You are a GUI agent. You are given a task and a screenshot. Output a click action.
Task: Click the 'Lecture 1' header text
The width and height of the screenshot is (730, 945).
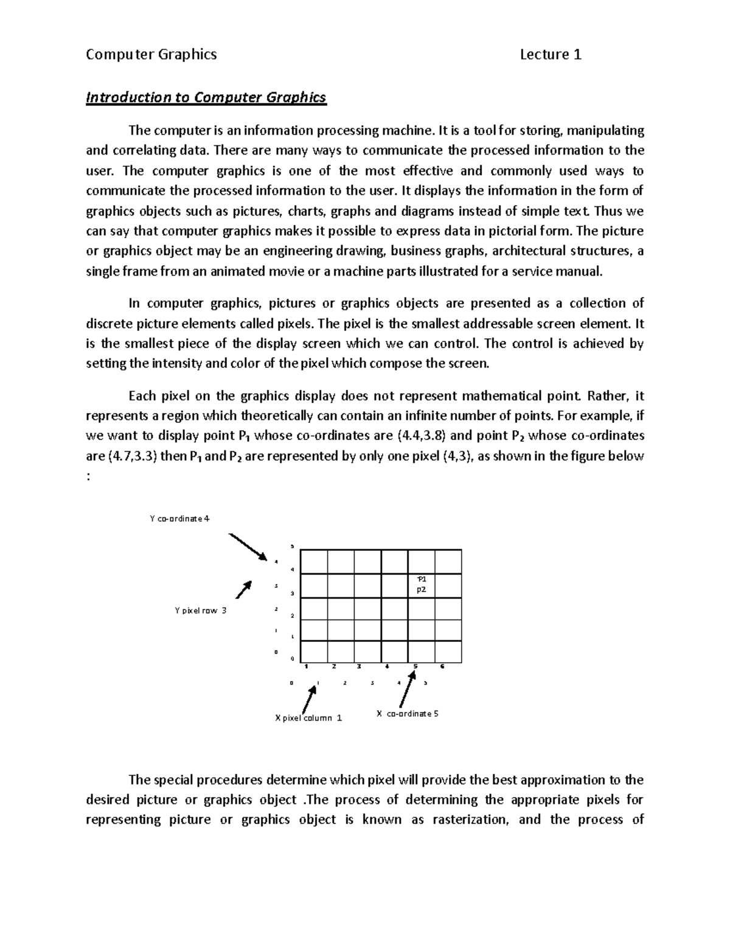[551, 55]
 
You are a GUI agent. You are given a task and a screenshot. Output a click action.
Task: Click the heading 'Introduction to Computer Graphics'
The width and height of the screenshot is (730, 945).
[206, 97]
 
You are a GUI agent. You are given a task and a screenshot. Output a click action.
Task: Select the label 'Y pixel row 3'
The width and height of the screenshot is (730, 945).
[200, 610]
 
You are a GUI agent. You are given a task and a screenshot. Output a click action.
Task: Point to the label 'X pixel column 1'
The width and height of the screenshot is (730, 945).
[308, 717]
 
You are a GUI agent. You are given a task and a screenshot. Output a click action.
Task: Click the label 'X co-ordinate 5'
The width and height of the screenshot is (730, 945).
[407, 713]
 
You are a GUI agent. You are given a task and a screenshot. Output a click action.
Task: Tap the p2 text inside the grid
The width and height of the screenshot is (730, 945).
[421, 589]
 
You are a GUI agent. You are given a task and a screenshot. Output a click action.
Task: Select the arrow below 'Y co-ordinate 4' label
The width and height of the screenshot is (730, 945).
[248, 546]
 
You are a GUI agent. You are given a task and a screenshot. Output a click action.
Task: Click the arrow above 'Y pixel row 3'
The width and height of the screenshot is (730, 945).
[243, 590]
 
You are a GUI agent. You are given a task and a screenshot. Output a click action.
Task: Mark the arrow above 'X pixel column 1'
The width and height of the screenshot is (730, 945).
[311, 699]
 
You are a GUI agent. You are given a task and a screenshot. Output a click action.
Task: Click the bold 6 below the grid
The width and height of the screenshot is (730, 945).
[442, 666]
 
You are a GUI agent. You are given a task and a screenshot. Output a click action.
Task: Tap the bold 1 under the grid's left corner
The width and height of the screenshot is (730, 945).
[306, 666]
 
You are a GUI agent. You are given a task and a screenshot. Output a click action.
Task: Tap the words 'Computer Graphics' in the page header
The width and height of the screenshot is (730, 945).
[151, 55]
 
